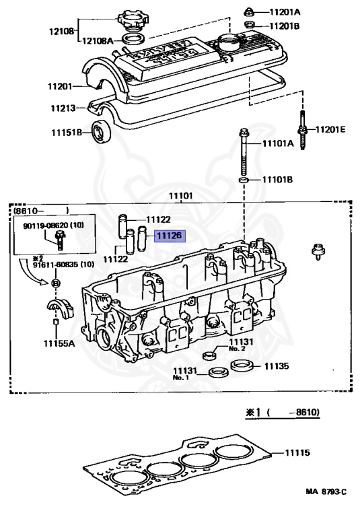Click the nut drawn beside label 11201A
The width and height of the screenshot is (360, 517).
point(249,12)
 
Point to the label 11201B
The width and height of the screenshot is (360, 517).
point(285,26)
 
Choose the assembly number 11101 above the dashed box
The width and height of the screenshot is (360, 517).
point(181,196)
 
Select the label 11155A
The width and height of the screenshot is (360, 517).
point(59,343)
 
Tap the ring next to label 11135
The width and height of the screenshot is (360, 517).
point(241,366)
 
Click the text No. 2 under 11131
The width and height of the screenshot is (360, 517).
point(236,349)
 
